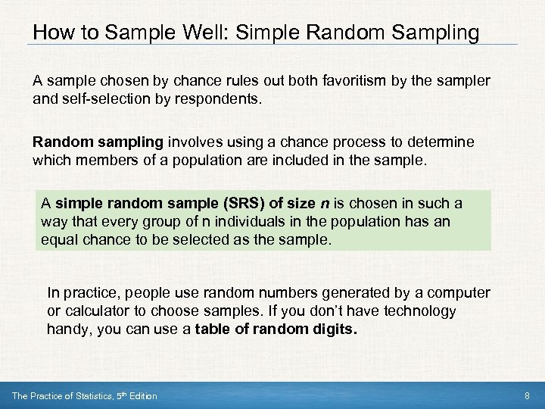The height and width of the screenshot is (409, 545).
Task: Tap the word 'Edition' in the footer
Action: point(141,396)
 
